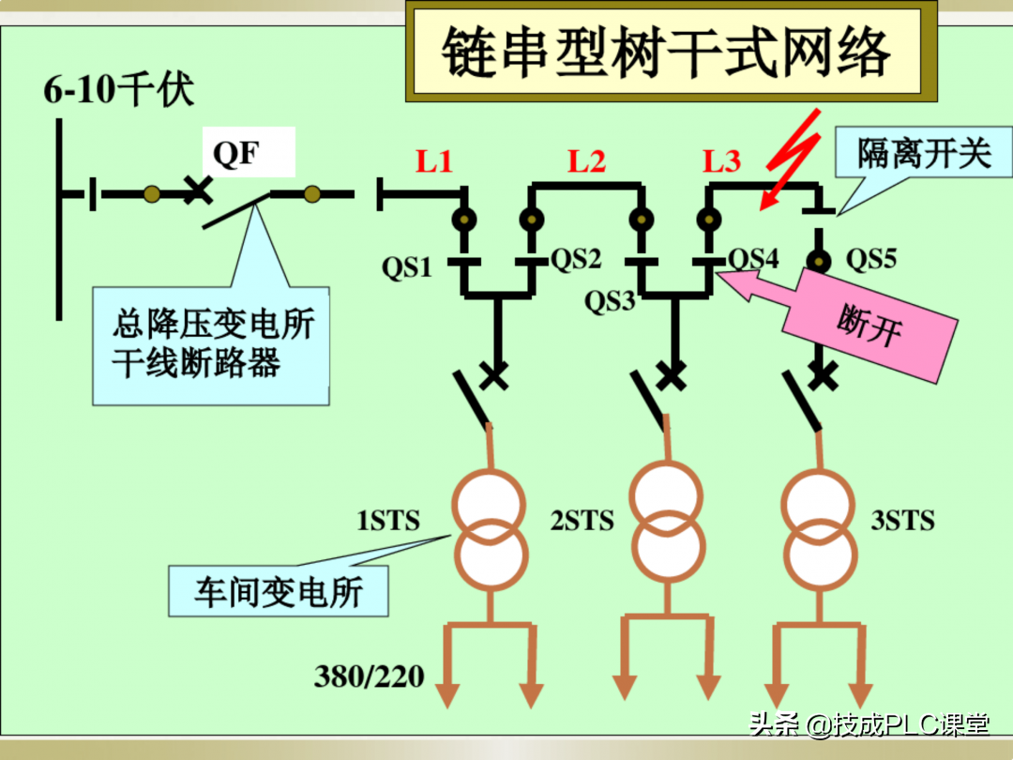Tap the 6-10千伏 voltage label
pyautogui.click(x=119, y=92)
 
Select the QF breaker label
pyautogui.click(x=236, y=152)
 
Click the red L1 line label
pyautogui.click(x=434, y=161)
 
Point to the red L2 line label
pyautogui.click(x=586, y=161)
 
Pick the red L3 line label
pyautogui.click(x=721, y=161)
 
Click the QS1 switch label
pyautogui.click(x=406, y=267)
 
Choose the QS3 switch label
pyautogui.click(x=610, y=302)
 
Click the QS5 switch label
pyautogui.click(x=871, y=259)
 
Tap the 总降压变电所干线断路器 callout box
pyautogui.click(x=211, y=344)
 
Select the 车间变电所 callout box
pyautogui.click(x=279, y=591)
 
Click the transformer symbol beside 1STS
pyautogui.click(x=489, y=531)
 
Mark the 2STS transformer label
pyautogui.click(x=582, y=521)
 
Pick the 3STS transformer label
pyautogui.click(x=902, y=521)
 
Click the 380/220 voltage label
pyautogui.click(x=369, y=676)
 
